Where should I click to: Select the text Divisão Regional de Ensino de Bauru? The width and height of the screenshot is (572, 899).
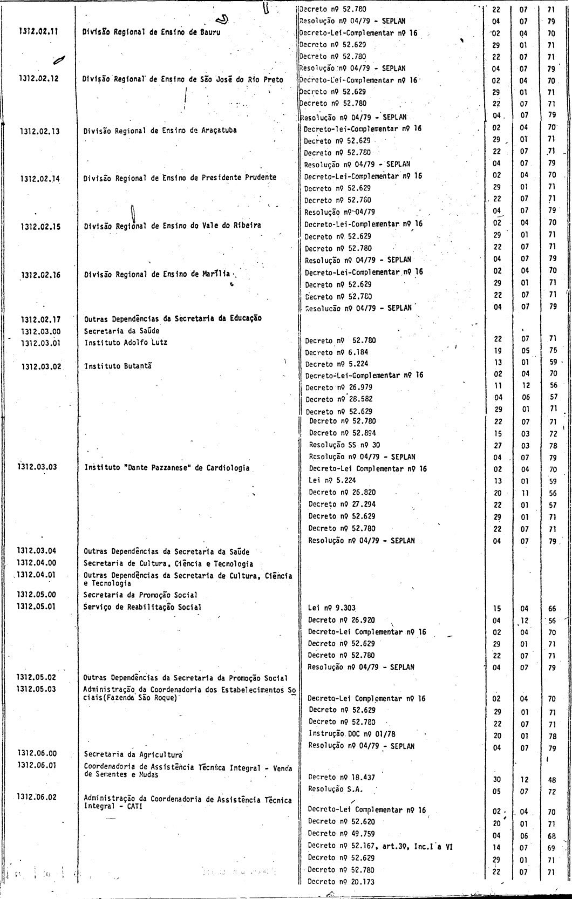[152, 31]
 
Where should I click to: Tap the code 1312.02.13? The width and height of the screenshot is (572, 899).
[40, 131]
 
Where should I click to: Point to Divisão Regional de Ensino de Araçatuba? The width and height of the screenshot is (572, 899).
[160, 130]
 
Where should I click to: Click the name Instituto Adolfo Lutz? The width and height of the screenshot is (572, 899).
[126, 342]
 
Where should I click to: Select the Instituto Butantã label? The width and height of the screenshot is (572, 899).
[118, 366]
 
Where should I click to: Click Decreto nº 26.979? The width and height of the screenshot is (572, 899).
[338, 387]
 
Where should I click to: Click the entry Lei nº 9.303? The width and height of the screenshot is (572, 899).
[331, 608]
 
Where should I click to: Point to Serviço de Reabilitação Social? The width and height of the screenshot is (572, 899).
[142, 607]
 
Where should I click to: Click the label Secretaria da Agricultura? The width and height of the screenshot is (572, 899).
[133, 754]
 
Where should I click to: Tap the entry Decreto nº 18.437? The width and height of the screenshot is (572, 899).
[341, 778]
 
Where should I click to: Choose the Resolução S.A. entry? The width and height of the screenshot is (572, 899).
[335, 789]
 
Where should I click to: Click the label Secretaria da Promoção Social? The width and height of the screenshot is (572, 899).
[140, 595]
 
